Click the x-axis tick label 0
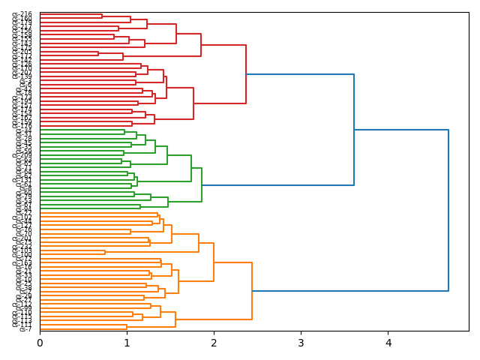[40, 343]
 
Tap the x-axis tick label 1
[127, 343]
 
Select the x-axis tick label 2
[214, 343]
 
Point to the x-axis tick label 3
[301, 343]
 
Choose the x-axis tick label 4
[388, 343]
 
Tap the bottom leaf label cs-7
[25, 329]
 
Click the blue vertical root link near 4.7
[448, 210]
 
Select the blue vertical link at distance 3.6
[354, 130]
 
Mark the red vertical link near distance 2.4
[246, 74]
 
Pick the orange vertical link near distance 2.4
[252, 291]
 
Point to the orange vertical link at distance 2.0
[214, 262]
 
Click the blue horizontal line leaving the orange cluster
[350, 291]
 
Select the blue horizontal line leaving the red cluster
[300, 74]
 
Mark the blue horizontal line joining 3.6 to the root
[401, 130]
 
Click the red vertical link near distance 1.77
[193, 103]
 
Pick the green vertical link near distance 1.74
[191, 168]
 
